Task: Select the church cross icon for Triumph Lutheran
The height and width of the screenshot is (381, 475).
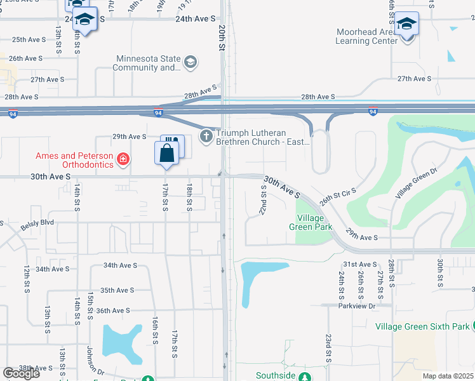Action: pyautogui.click(x=206, y=136)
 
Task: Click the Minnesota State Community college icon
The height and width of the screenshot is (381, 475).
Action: pyautogui.click(x=190, y=63)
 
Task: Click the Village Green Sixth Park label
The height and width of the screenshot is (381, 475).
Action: pyautogui.click(x=422, y=327)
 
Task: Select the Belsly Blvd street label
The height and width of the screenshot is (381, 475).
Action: pyautogui.click(x=37, y=224)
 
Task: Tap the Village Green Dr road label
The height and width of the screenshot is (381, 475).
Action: pyautogui.click(x=417, y=183)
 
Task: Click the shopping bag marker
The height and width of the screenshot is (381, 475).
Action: pyautogui.click(x=166, y=154)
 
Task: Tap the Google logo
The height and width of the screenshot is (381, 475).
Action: pyautogui.click(x=21, y=373)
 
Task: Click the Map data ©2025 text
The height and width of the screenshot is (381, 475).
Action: pyautogui.click(x=448, y=376)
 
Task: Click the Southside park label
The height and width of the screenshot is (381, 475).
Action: pyautogui.click(x=276, y=376)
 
